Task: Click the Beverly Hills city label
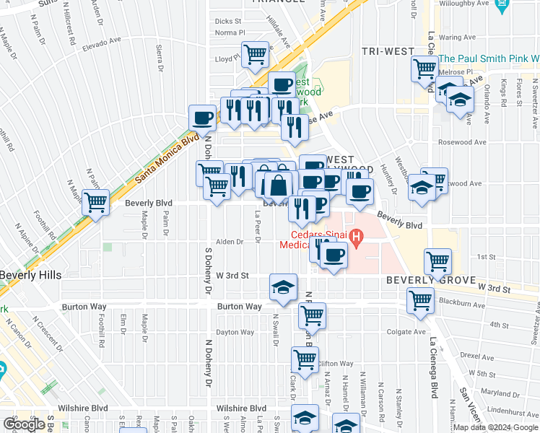[x=30, y=275]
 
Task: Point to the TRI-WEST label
[x=388, y=51]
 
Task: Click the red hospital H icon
[x=354, y=235]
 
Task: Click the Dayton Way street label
[x=236, y=332]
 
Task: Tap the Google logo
[x=25, y=424]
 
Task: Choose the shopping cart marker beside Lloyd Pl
[x=256, y=54]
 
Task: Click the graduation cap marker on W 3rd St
[x=283, y=287]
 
